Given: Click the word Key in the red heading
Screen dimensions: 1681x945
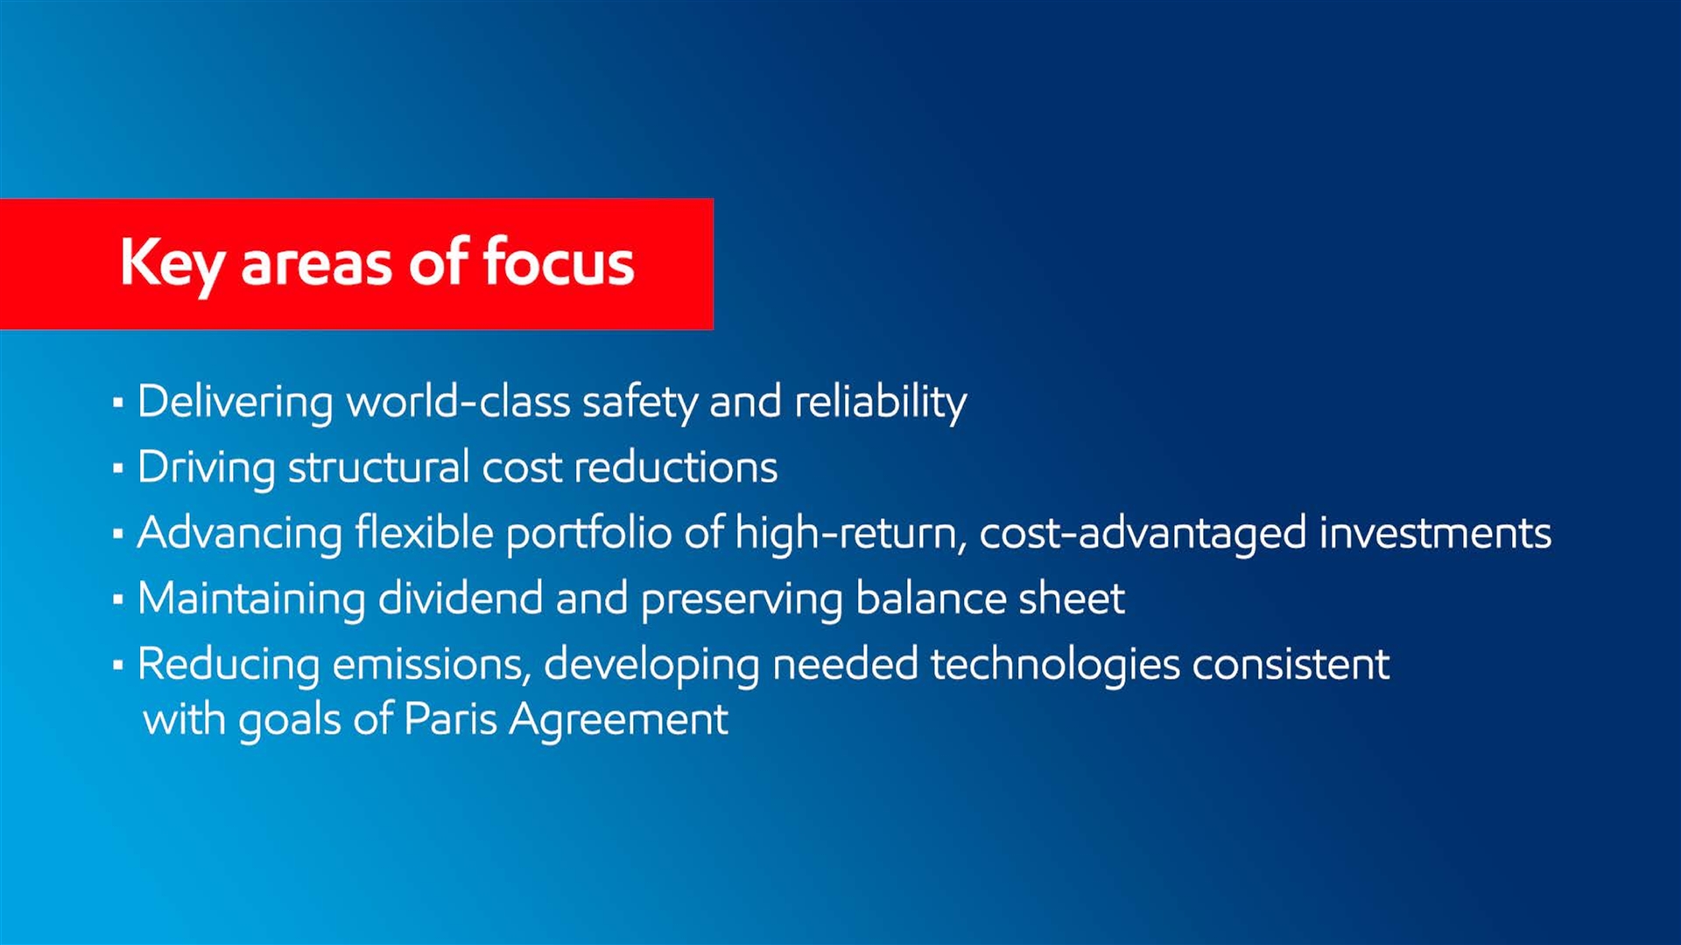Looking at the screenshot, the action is (x=172, y=265).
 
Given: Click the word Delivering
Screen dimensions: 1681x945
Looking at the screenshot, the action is (x=236, y=403).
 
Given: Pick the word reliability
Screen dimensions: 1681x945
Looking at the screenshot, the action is (x=880, y=403).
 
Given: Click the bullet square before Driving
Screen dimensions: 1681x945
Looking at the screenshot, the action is (x=118, y=469).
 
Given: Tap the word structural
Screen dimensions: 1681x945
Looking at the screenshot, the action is (x=378, y=467).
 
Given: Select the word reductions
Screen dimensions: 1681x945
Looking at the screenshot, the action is (x=675, y=467).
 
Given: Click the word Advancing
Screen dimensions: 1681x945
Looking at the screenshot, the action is (x=239, y=535).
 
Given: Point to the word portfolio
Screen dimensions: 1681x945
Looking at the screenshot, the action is (x=588, y=535).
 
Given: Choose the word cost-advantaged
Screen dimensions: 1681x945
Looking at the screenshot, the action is (x=1143, y=535).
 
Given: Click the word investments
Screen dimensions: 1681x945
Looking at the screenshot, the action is (x=1435, y=533).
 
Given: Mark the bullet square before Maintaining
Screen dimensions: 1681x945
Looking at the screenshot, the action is (x=118, y=600).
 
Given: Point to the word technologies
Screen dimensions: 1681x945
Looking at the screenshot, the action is (x=1055, y=666).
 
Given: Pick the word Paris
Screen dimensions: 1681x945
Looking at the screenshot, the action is (x=450, y=719).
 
